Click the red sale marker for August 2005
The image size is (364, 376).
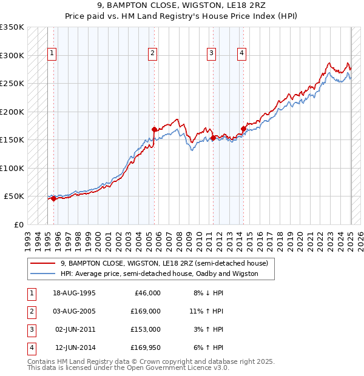[x=154, y=129]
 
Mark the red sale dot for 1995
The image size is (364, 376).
[x=53, y=198]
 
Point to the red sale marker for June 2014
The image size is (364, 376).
[x=243, y=129]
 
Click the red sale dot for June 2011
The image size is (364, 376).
[x=213, y=138]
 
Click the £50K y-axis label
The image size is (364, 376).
[x=14, y=196]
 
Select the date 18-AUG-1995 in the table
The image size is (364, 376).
[x=75, y=293]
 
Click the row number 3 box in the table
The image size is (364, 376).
[x=31, y=329]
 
